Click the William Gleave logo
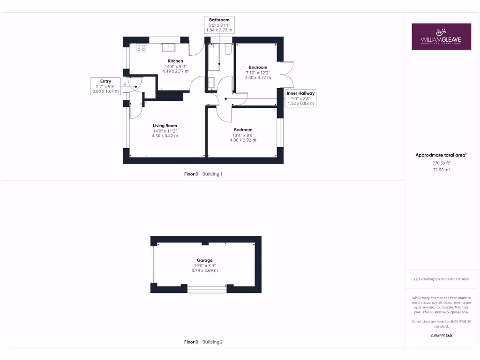441,37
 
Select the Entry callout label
105,87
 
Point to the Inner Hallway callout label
301,98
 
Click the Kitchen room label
175,61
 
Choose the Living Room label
165,125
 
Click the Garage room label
204,260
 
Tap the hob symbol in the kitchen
141,47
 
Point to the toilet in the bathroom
228,50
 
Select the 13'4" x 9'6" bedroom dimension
243,135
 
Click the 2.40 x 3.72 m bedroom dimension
258,78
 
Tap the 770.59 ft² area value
441,163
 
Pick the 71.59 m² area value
441,170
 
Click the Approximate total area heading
441,155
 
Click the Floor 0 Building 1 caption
203,174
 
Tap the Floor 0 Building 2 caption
203,342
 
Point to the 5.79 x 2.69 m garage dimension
204,270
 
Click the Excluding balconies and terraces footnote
441,279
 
